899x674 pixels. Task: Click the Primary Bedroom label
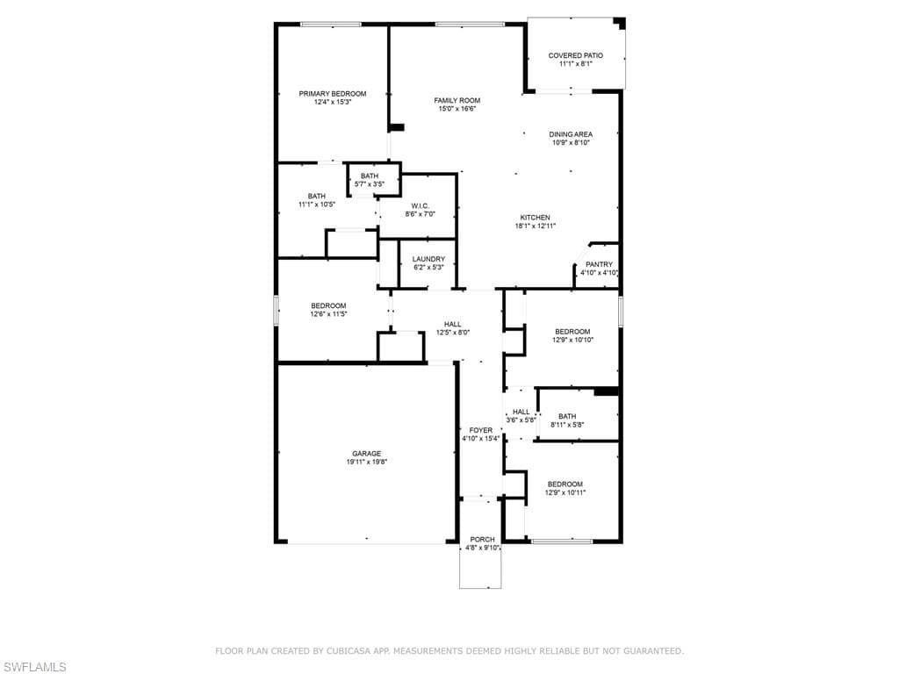coord(333,94)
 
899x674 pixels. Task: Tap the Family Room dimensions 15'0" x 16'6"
coord(457,109)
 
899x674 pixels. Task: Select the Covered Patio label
coord(576,55)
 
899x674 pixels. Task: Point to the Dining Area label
coord(571,134)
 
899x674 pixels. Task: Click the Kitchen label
coord(535,218)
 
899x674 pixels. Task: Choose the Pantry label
coord(599,265)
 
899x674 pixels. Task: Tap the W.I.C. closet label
coord(421,206)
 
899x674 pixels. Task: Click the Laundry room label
coord(428,260)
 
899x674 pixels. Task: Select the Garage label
coord(367,454)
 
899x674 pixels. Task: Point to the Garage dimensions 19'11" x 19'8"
coord(367,462)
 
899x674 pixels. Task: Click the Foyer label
coord(481,430)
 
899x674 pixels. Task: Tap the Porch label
coord(482,540)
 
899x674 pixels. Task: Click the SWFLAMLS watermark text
coord(33,667)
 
